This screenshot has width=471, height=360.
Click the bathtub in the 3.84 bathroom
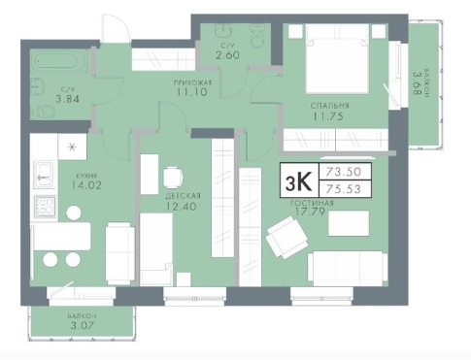point(59,61)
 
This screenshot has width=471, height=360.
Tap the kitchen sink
point(44,175)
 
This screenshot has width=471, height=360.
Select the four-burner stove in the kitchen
point(45,207)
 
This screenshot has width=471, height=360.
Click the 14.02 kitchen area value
point(87,185)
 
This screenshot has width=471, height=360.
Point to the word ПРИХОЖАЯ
point(192,83)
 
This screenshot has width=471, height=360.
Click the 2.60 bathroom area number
point(228,55)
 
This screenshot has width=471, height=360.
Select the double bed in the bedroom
point(338,59)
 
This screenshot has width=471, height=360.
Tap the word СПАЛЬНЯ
point(330,106)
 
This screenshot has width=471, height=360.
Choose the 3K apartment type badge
point(299,180)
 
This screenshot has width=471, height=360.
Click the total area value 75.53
point(343,189)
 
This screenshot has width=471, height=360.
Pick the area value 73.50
point(343,172)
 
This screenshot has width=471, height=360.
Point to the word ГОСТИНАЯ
point(312,203)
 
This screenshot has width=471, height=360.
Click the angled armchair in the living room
point(286,237)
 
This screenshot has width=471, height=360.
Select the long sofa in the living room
point(348,269)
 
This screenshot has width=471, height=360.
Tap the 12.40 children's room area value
point(181,206)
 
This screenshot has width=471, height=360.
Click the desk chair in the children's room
point(173,178)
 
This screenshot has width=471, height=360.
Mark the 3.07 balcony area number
point(82,325)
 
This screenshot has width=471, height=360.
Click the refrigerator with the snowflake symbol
point(72,147)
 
